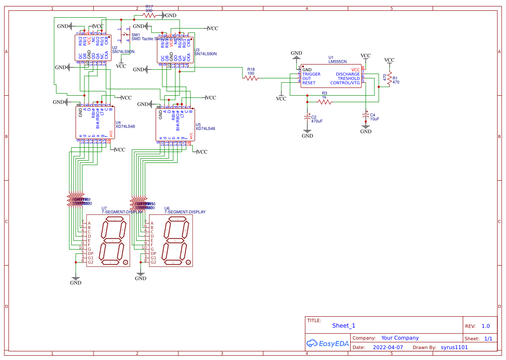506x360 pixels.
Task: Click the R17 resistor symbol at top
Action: pyautogui.click(x=149, y=15)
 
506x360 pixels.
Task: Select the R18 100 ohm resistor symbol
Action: pyautogui.click(x=251, y=78)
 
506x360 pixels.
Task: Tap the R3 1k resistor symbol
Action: pyautogui.click(x=325, y=102)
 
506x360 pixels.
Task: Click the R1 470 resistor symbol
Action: pyautogui.click(x=390, y=79)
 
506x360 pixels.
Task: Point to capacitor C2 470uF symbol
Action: pyautogui.click(x=307, y=118)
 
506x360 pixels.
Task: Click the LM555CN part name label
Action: pyautogui.click(x=338, y=62)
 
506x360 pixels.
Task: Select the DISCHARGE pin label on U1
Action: pyautogui.click(x=348, y=74)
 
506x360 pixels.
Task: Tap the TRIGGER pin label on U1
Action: pyautogui.click(x=311, y=74)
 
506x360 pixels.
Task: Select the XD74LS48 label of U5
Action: pyautogui.click(x=205, y=129)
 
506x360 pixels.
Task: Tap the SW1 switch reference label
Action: pyautogui.click(x=136, y=35)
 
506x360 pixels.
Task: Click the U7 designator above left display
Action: pyautogui.click(x=104, y=208)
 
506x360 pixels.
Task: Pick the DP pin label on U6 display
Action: pyautogui.click(x=153, y=253)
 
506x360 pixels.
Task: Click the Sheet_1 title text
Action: pyautogui.click(x=344, y=326)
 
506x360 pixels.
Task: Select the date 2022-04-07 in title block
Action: pyautogui.click(x=388, y=347)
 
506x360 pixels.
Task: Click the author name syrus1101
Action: pyautogui.click(x=454, y=347)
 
